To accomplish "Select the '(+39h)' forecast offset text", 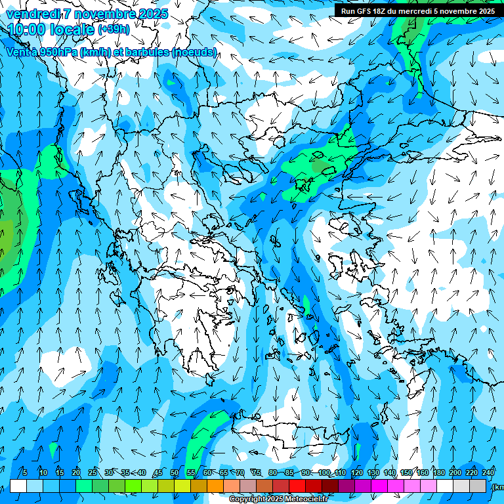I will pyautogui.click(x=113, y=30).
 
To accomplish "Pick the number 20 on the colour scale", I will pyautogui.click(x=76, y=472).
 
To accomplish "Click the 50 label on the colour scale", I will pyautogui.click(x=175, y=472).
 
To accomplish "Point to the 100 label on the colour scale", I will pyautogui.click(x=324, y=472).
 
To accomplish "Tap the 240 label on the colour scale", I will pyautogui.click(x=488, y=472).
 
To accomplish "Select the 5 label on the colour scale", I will pyautogui.click(x=25, y=472).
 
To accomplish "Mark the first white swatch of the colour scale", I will pyautogui.click(x=18, y=486).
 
